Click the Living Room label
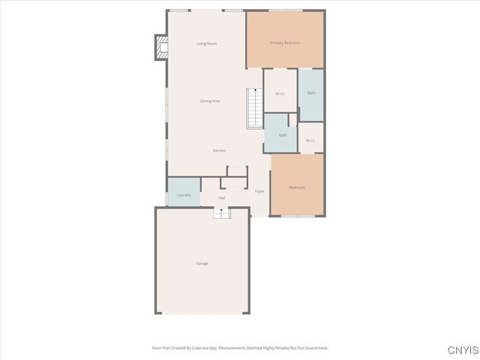click(206, 43)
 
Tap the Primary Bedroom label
click(285, 43)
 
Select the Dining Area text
click(210, 100)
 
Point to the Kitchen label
click(219, 151)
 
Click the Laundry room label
click(184, 195)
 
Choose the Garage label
click(202, 263)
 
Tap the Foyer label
click(259, 191)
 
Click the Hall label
click(222, 198)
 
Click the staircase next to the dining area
click(256, 108)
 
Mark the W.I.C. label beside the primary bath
click(280, 94)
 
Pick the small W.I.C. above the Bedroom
click(310, 140)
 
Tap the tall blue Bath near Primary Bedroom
click(311, 93)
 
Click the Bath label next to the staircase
click(283, 135)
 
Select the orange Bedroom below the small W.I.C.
click(297, 187)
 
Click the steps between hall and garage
click(221, 214)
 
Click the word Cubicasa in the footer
click(194, 348)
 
